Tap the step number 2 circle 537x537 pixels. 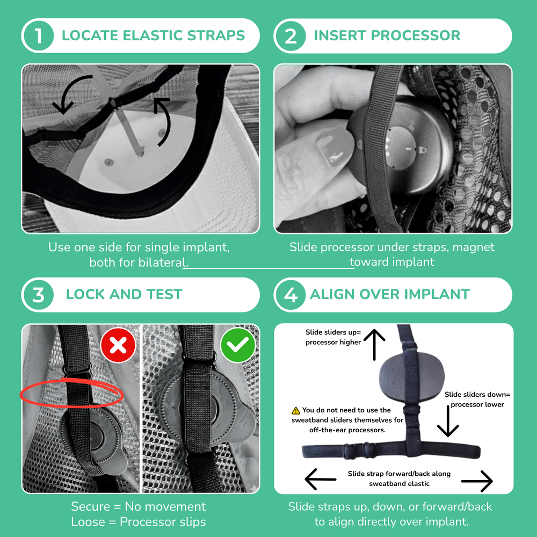tap(290, 36)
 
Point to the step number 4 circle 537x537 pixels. tap(290, 295)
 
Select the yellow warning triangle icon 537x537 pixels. tap(295, 410)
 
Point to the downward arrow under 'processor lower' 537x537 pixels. tap(447, 422)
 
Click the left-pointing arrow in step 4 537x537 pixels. tap(321, 479)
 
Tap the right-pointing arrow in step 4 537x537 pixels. tap(477, 481)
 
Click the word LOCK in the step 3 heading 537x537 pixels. tap(85, 295)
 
